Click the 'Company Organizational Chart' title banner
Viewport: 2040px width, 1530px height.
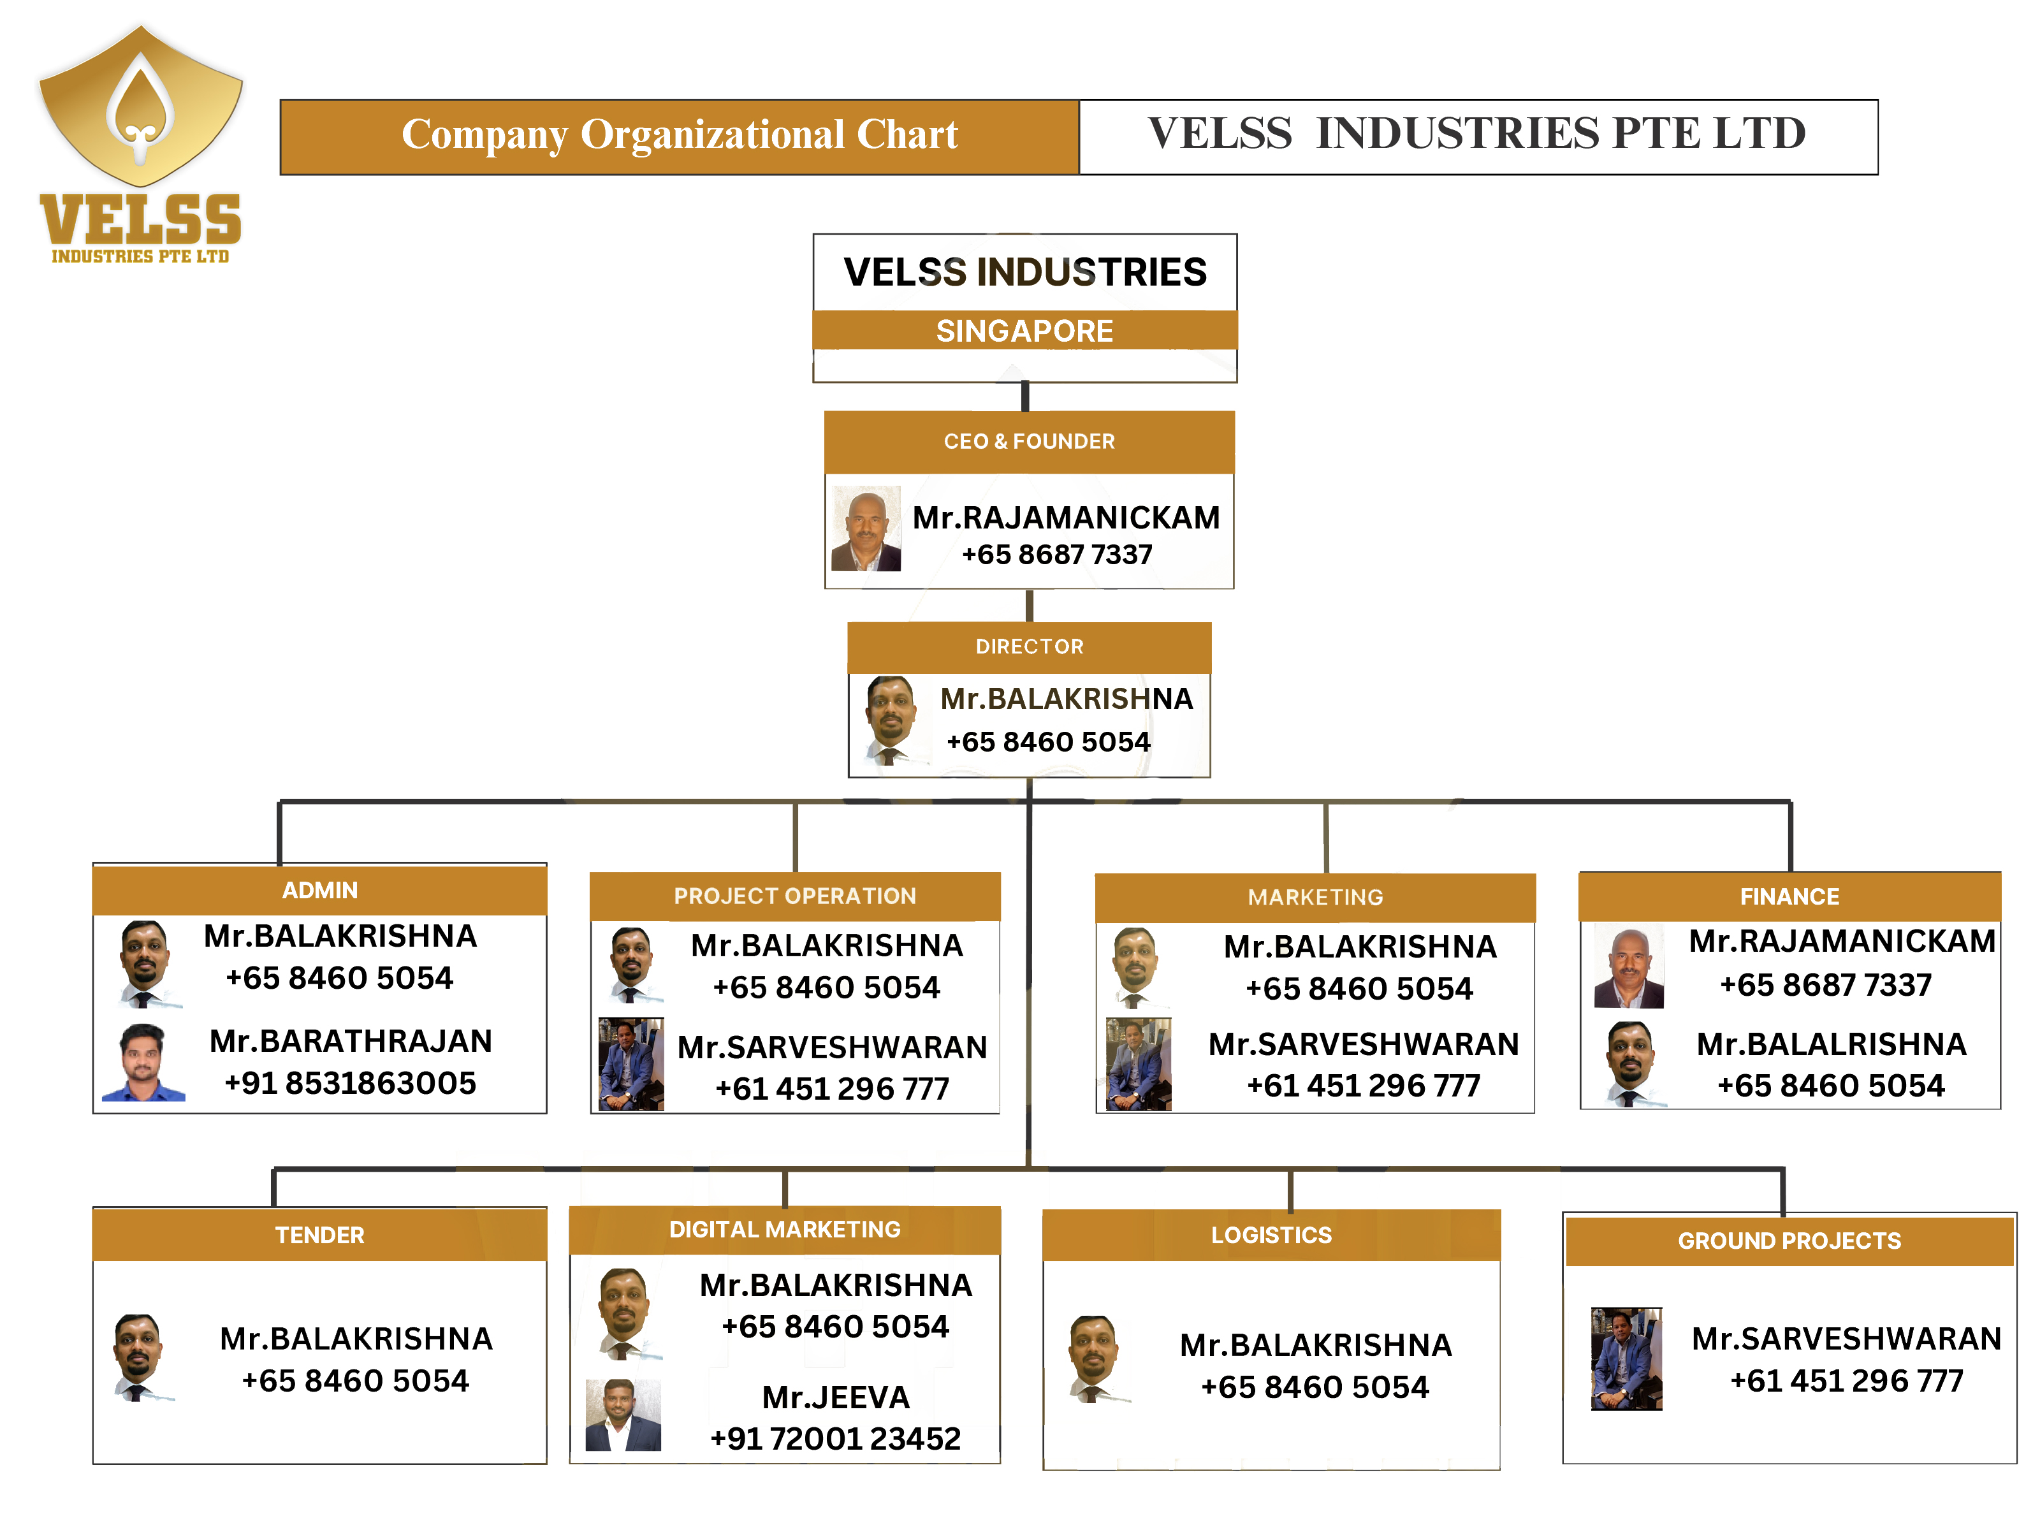coord(680,136)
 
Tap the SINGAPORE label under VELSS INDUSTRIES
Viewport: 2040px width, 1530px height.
coord(1024,331)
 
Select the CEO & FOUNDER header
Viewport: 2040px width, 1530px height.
coord(1028,442)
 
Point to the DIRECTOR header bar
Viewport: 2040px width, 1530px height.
coord(1029,646)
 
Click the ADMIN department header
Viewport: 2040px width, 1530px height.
coord(319,891)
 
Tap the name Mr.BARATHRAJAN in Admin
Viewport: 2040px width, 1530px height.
coord(351,1041)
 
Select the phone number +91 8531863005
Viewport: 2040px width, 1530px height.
coord(351,1084)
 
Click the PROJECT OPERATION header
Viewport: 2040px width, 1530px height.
coord(795,896)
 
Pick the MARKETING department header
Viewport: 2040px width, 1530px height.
coord(1315,898)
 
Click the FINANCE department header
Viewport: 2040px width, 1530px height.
coord(1789,896)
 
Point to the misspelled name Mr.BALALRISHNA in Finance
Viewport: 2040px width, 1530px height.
coord(1831,1044)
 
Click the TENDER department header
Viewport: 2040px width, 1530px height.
coord(319,1235)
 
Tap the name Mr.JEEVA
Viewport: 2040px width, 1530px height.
coord(836,1398)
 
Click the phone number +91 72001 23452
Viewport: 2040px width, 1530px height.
coord(836,1439)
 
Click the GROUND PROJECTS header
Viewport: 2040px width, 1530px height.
coord(1789,1241)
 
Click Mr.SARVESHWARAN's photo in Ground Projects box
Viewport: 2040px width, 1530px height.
coord(1626,1359)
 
